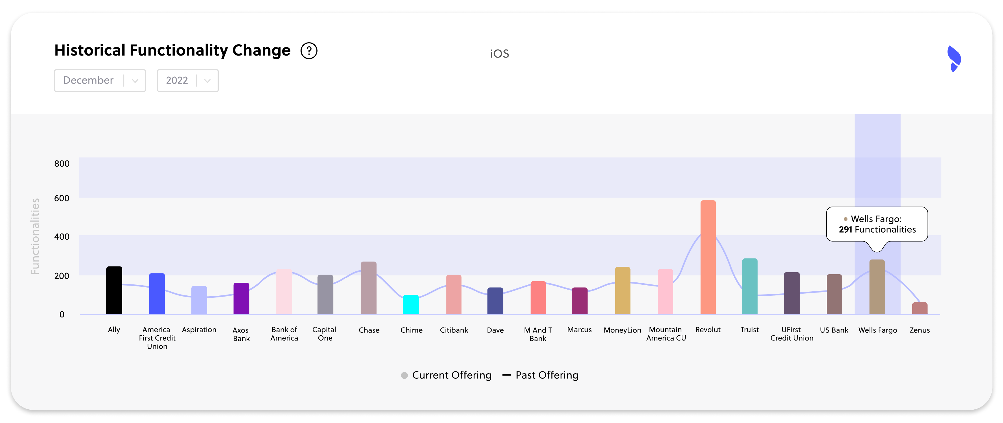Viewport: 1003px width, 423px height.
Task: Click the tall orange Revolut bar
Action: tap(708, 257)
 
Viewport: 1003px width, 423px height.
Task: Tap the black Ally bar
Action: tap(114, 290)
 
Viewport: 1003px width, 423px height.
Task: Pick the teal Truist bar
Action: tap(750, 286)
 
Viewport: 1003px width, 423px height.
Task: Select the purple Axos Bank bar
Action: tap(241, 298)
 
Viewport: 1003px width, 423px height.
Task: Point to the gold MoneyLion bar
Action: tap(622, 290)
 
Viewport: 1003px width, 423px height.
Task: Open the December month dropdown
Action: tap(100, 80)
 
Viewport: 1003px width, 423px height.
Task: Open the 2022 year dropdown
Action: tap(187, 80)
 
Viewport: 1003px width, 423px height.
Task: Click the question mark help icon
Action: tap(309, 51)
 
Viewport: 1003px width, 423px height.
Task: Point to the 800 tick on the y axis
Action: tap(62, 164)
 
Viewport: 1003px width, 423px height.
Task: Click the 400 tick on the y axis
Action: tap(62, 237)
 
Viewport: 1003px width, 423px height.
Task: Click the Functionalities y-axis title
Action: tap(35, 236)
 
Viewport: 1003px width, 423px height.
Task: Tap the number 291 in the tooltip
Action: tap(845, 230)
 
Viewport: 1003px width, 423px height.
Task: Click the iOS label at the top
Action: tap(499, 54)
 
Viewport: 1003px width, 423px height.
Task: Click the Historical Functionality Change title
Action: tap(172, 51)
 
